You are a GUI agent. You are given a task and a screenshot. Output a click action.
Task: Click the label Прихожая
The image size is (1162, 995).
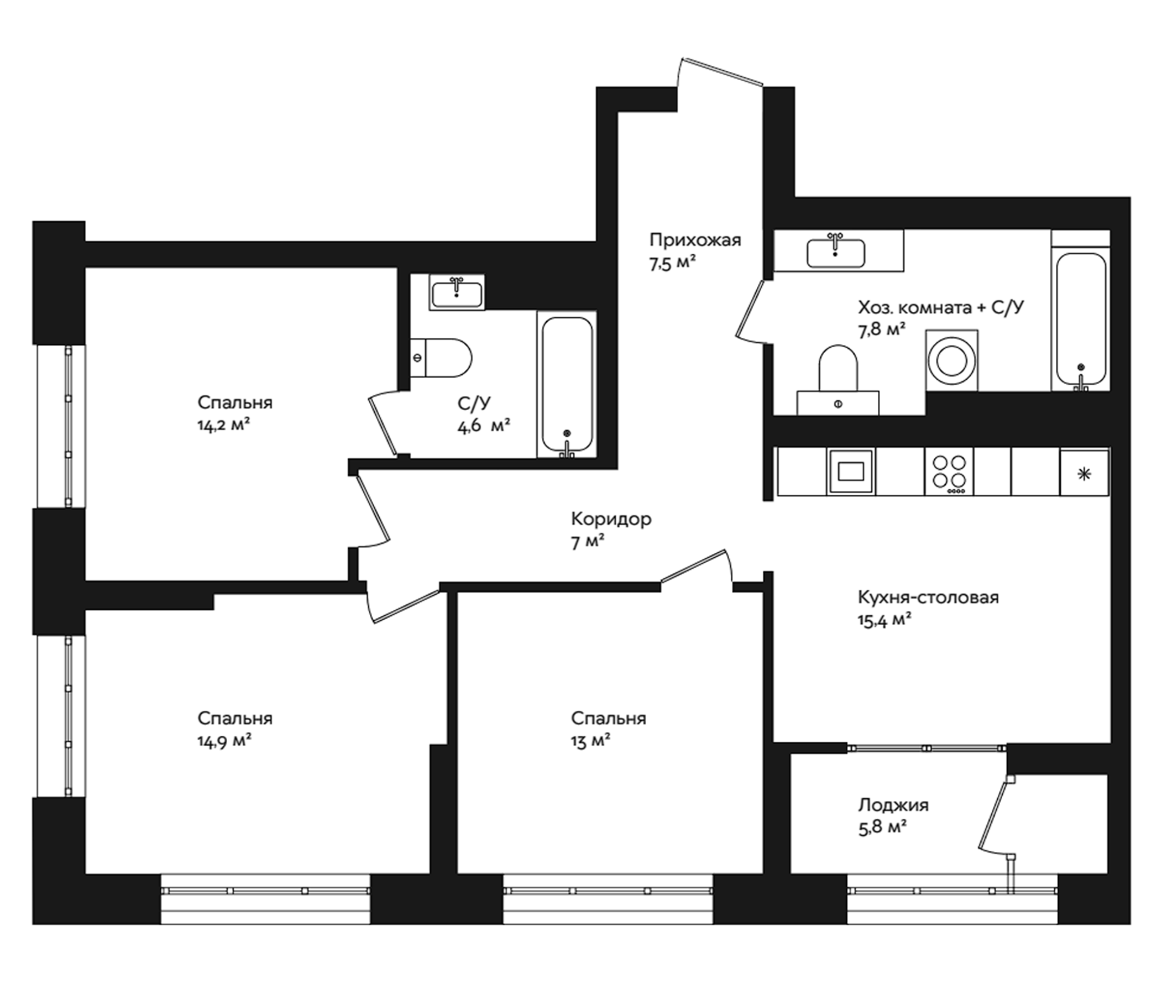695,240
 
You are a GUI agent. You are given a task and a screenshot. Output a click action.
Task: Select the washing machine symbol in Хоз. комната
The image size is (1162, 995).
952,360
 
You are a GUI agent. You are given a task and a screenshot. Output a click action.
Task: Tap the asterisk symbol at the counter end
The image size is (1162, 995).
1084,474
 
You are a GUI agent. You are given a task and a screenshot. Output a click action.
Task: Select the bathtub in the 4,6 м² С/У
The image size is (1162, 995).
567,385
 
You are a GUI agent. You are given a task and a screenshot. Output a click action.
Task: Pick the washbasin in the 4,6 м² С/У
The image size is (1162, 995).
457,293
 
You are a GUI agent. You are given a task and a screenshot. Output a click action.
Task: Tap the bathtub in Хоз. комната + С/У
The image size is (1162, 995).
1081,319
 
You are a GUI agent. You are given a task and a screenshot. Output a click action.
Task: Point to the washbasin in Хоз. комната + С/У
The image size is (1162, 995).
835,253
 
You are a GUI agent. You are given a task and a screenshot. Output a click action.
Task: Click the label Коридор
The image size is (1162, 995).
611,519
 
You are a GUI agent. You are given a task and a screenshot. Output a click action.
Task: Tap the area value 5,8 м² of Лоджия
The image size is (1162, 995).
883,828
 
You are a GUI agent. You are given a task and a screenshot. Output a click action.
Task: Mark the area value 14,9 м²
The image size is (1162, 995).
224,740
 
